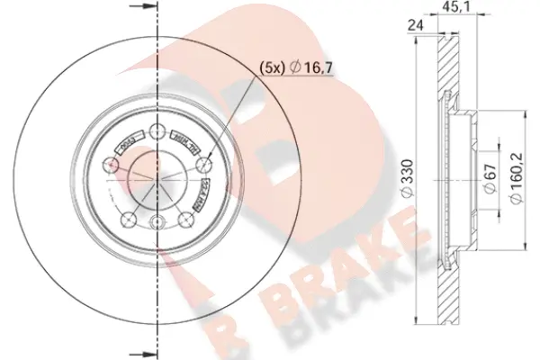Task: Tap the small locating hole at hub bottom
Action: point(158,225)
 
